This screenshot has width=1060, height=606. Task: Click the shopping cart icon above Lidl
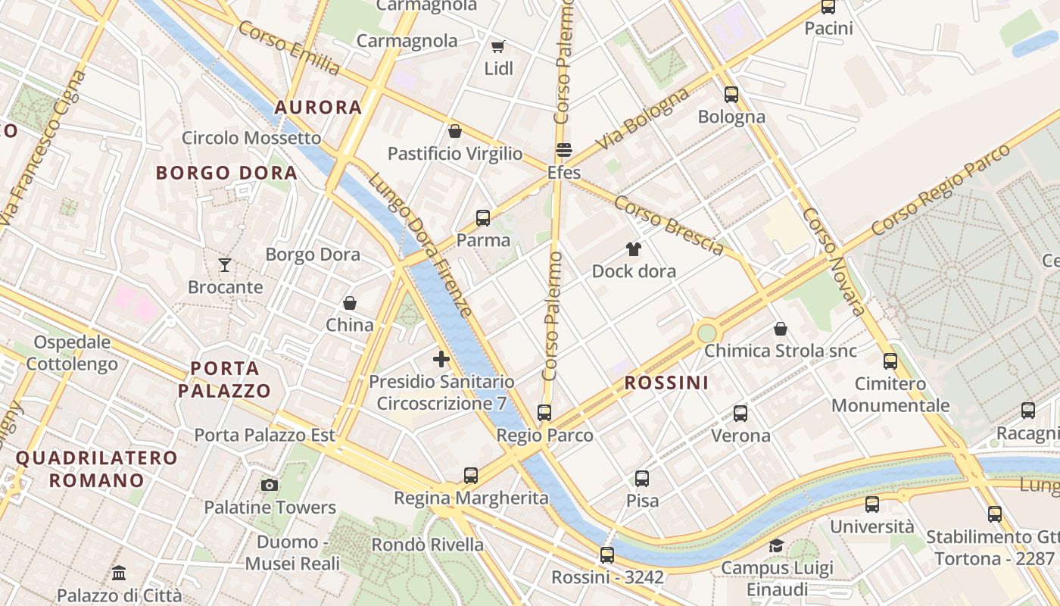(498, 47)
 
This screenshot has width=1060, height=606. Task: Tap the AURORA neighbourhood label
(318, 108)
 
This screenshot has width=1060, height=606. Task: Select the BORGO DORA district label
(226, 173)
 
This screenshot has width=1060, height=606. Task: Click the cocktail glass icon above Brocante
(225, 265)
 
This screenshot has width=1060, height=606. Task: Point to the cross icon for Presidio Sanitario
(441, 359)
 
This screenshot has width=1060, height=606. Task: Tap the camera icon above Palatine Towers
(269, 485)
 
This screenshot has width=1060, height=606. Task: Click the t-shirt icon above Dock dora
(634, 249)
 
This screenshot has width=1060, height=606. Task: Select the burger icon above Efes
(563, 150)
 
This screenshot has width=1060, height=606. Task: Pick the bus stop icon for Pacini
(828, 8)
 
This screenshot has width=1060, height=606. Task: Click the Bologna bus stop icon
(731, 95)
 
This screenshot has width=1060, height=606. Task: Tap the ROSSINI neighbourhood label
(666, 383)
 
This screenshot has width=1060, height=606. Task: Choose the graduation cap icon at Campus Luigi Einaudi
(777, 545)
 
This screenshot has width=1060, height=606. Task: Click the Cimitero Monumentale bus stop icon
(890, 361)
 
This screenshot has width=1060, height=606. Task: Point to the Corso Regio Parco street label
(940, 189)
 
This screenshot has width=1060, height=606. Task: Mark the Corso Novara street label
(834, 261)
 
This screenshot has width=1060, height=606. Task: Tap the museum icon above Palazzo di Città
(119, 573)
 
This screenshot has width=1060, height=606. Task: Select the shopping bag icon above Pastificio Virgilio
(455, 131)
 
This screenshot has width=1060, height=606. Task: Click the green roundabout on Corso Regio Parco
(706, 332)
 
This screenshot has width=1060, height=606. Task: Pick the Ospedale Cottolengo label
(72, 353)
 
